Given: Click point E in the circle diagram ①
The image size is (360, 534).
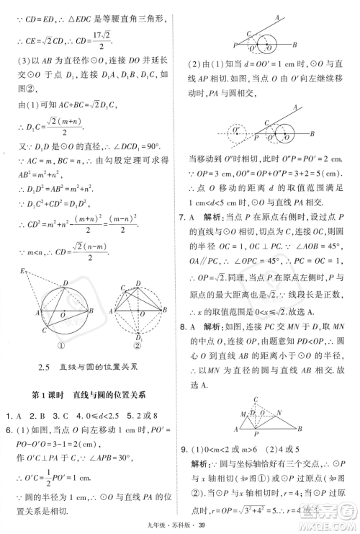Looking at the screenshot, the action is [24, 271].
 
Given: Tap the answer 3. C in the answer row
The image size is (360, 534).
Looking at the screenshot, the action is [67, 417].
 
